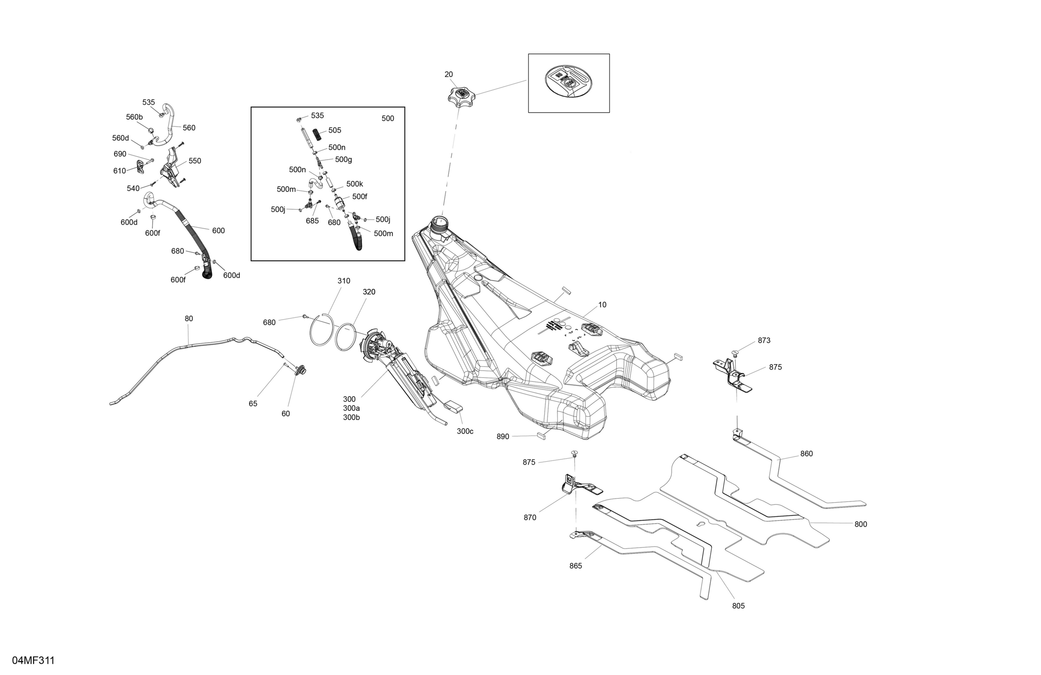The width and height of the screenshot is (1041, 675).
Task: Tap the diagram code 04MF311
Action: click(x=34, y=660)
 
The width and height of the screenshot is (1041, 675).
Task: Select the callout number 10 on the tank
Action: click(x=602, y=305)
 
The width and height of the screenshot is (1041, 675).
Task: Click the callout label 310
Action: click(x=344, y=281)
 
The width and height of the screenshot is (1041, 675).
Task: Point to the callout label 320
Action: click(x=369, y=292)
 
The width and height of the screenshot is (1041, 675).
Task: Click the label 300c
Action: click(x=465, y=431)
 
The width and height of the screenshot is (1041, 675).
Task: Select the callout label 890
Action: click(x=503, y=437)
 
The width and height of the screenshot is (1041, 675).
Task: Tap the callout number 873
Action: click(x=764, y=340)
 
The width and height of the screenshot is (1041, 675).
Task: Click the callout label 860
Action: click(x=806, y=454)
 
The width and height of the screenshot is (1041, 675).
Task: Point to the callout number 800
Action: click(x=861, y=524)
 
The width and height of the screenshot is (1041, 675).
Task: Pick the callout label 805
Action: click(x=738, y=606)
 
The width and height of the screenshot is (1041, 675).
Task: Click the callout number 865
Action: click(x=576, y=566)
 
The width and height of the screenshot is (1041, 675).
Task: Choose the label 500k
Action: click(x=355, y=184)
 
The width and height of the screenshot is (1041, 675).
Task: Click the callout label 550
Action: click(x=195, y=161)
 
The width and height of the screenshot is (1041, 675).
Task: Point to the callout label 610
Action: click(x=119, y=171)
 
